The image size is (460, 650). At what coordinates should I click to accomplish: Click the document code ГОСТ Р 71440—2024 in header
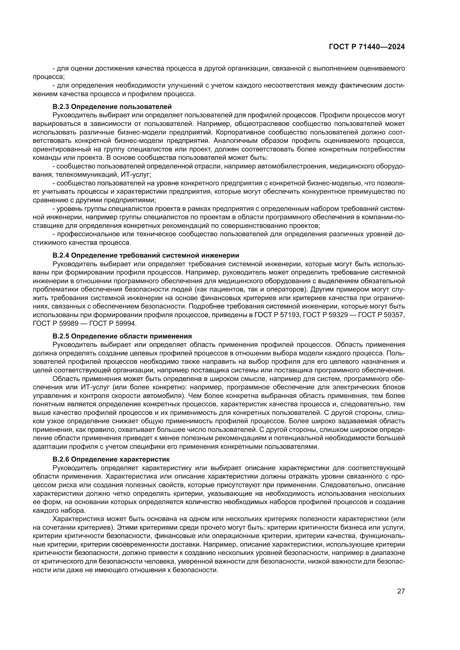click(x=367, y=47)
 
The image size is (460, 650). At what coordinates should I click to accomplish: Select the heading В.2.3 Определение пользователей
click(x=112, y=107)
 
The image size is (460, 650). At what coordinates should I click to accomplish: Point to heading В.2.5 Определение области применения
click(x=122, y=336)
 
